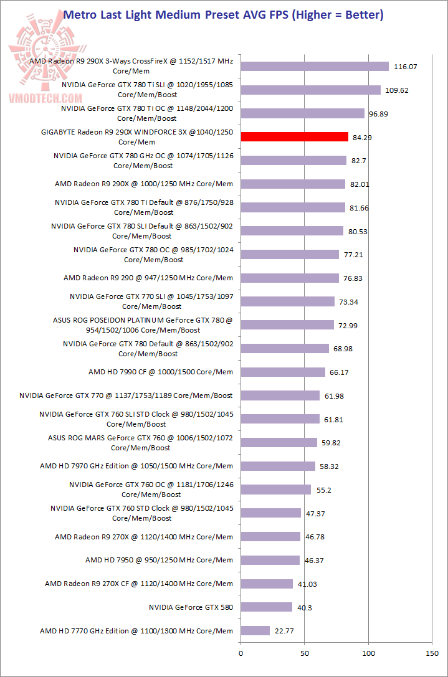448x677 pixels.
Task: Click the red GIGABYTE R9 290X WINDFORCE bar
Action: pos(294,137)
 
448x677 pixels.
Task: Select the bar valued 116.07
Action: pos(315,66)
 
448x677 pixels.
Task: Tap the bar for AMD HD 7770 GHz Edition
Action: pos(255,630)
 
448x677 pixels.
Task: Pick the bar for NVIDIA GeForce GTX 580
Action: pos(266,607)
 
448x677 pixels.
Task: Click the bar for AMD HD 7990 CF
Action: pos(283,372)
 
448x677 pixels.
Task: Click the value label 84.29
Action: pos(362,138)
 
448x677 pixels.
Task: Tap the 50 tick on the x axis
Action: pos(305,653)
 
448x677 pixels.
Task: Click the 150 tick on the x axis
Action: pos(432,653)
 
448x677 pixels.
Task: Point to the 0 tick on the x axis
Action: pos(241,653)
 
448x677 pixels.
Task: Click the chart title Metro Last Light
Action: pos(224,14)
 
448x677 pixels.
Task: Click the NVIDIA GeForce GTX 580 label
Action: pos(191,607)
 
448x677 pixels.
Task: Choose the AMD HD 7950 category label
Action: pos(159,560)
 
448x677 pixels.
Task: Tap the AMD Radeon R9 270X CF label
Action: pos(139,584)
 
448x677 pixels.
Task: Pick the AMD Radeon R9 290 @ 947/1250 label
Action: pos(148,278)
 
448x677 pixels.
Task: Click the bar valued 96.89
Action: pos(302,113)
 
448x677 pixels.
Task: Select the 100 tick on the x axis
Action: pos(368,653)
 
